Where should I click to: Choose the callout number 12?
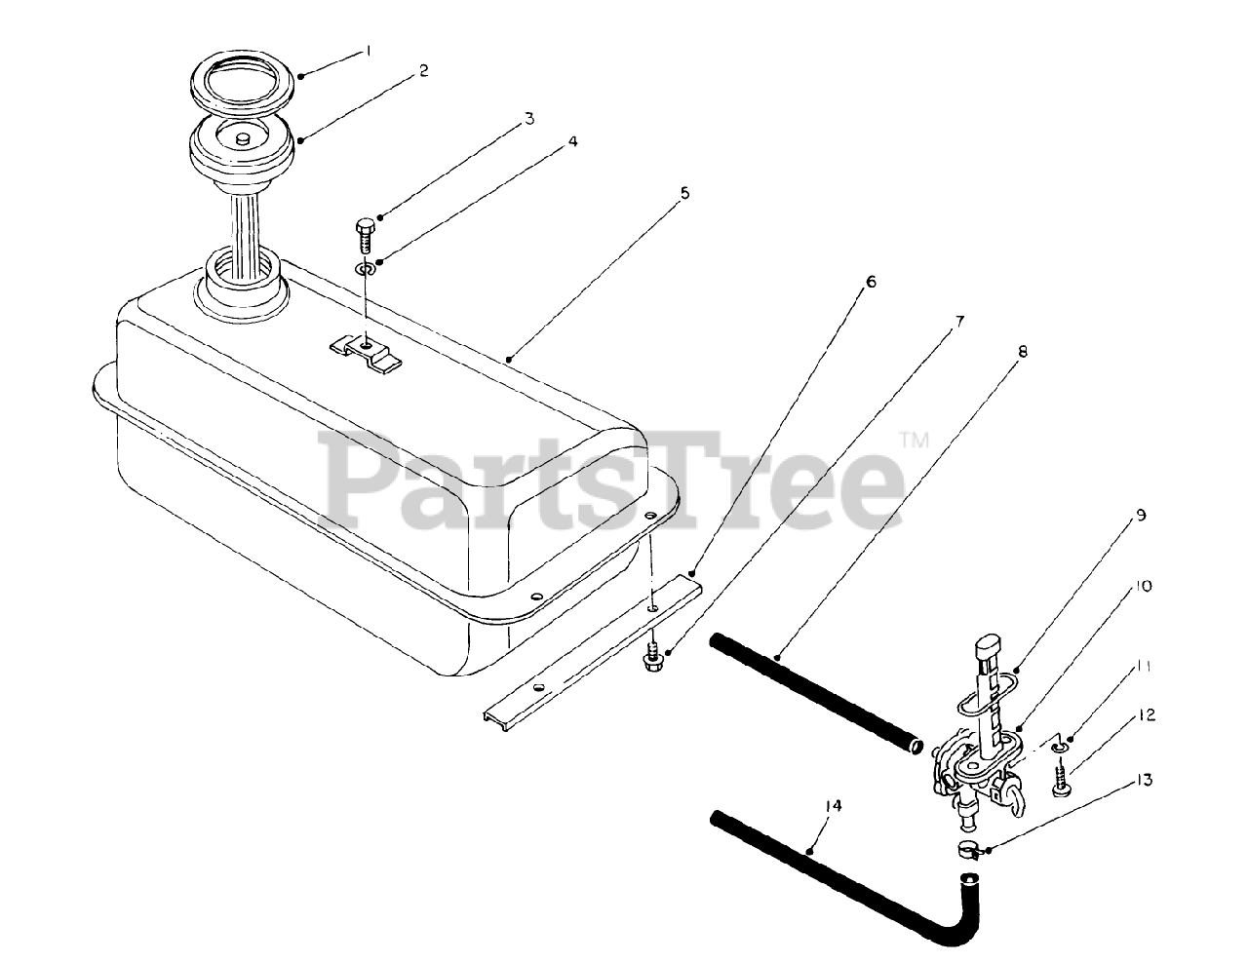point(1146,716)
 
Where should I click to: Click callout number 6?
point(871,284)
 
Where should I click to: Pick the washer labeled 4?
point(364,269)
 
